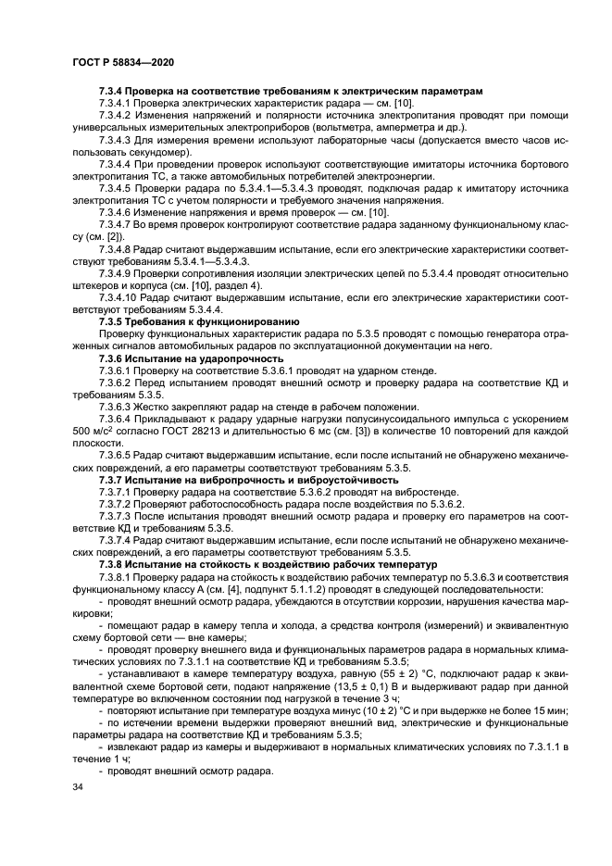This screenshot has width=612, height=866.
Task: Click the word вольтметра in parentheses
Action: (367, 127)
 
